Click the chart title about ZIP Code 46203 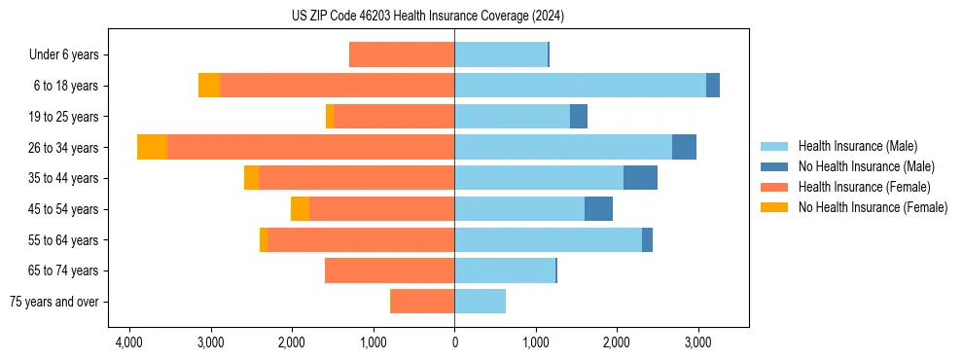coord(428,17)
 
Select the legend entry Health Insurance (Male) coord(857,146)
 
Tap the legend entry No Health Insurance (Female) coord(873,207)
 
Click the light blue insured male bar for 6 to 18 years coord(580,86)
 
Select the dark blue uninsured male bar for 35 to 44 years coord(640,178)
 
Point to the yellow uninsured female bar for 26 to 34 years coord(152,147)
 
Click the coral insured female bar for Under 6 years coord(402,54)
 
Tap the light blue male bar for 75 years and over coord(480,302)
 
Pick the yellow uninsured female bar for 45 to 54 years coord(300,209)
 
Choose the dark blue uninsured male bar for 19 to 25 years coord(579,117)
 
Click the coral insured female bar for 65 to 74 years coord(389,270)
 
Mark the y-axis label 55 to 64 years coord(66,240)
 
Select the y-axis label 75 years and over coord(54,302)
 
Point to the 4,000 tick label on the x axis coord(128,342)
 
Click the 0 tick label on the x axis coord(454,342)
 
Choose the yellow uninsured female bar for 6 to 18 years coord(209,86)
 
